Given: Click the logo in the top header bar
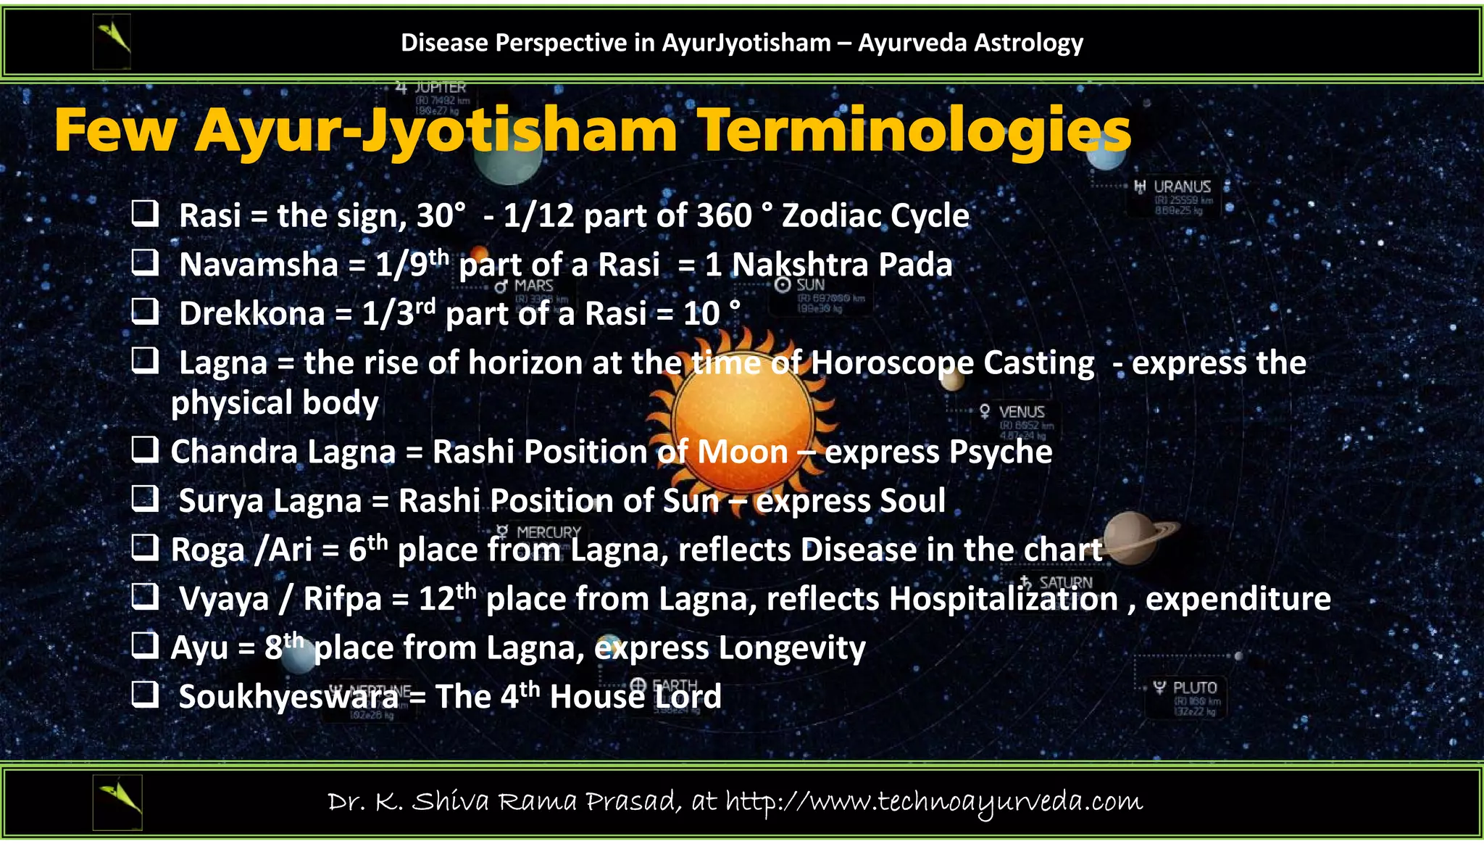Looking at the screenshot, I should (x=112, y=43).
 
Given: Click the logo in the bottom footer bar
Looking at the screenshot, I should (x=118, y=801).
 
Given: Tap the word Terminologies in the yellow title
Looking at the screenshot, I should (x=914, y=131).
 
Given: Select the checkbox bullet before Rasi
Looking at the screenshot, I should (x=145, y=214).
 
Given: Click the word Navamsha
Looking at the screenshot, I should (x=259, y=265).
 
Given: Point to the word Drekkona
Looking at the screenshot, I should (x=251, y=314).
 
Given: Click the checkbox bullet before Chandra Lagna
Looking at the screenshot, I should (x=145, y=450).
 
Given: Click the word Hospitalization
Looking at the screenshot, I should (x=1004, y=599).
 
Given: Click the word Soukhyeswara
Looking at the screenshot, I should (x=288, y=697).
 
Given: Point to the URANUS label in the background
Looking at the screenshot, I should (x=1181, y=187).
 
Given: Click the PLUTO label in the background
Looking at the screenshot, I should (x=1194, y=687).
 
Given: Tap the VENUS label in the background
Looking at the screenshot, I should (x=1021, y=412).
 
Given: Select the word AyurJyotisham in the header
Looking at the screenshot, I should (x=746, y=43).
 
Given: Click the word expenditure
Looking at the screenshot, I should (x=1238, y=599).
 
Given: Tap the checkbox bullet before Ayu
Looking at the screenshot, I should (x=145, y=645).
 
